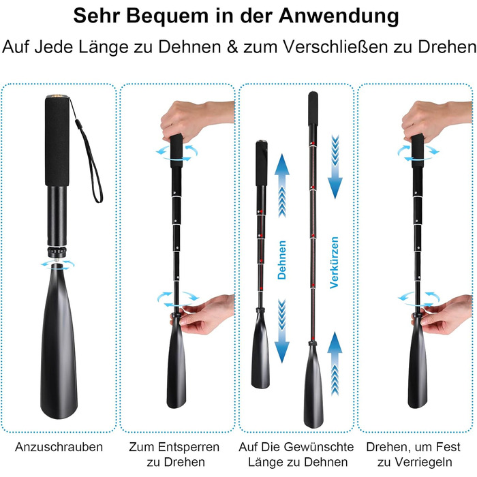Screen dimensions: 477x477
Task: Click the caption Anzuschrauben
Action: (x=59, y=448)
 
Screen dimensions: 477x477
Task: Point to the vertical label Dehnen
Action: (x=282, y=260)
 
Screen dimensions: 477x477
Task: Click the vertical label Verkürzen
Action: (x=335, y=262)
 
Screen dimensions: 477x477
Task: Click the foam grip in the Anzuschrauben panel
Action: (x=57, y=141)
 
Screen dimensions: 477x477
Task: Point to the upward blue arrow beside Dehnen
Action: (x=282, y=185)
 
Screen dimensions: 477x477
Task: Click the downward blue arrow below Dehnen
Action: (x=282, y=331)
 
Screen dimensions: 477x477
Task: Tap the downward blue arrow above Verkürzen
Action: (x=335, y=167)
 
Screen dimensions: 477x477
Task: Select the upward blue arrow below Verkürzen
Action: (x=335, y=363)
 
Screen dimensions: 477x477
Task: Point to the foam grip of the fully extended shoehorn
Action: (x=313, y=108)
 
